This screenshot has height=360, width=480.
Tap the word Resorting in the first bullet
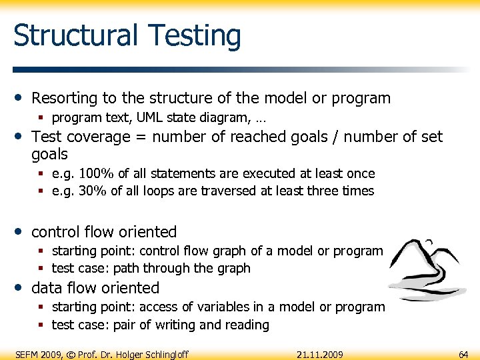click(x=65, y=98)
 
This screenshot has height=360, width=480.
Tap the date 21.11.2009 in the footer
click(x=320, y=354)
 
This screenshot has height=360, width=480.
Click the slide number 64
click(x=463, y=354)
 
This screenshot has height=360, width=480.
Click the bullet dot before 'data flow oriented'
click(x=21, y=287)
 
